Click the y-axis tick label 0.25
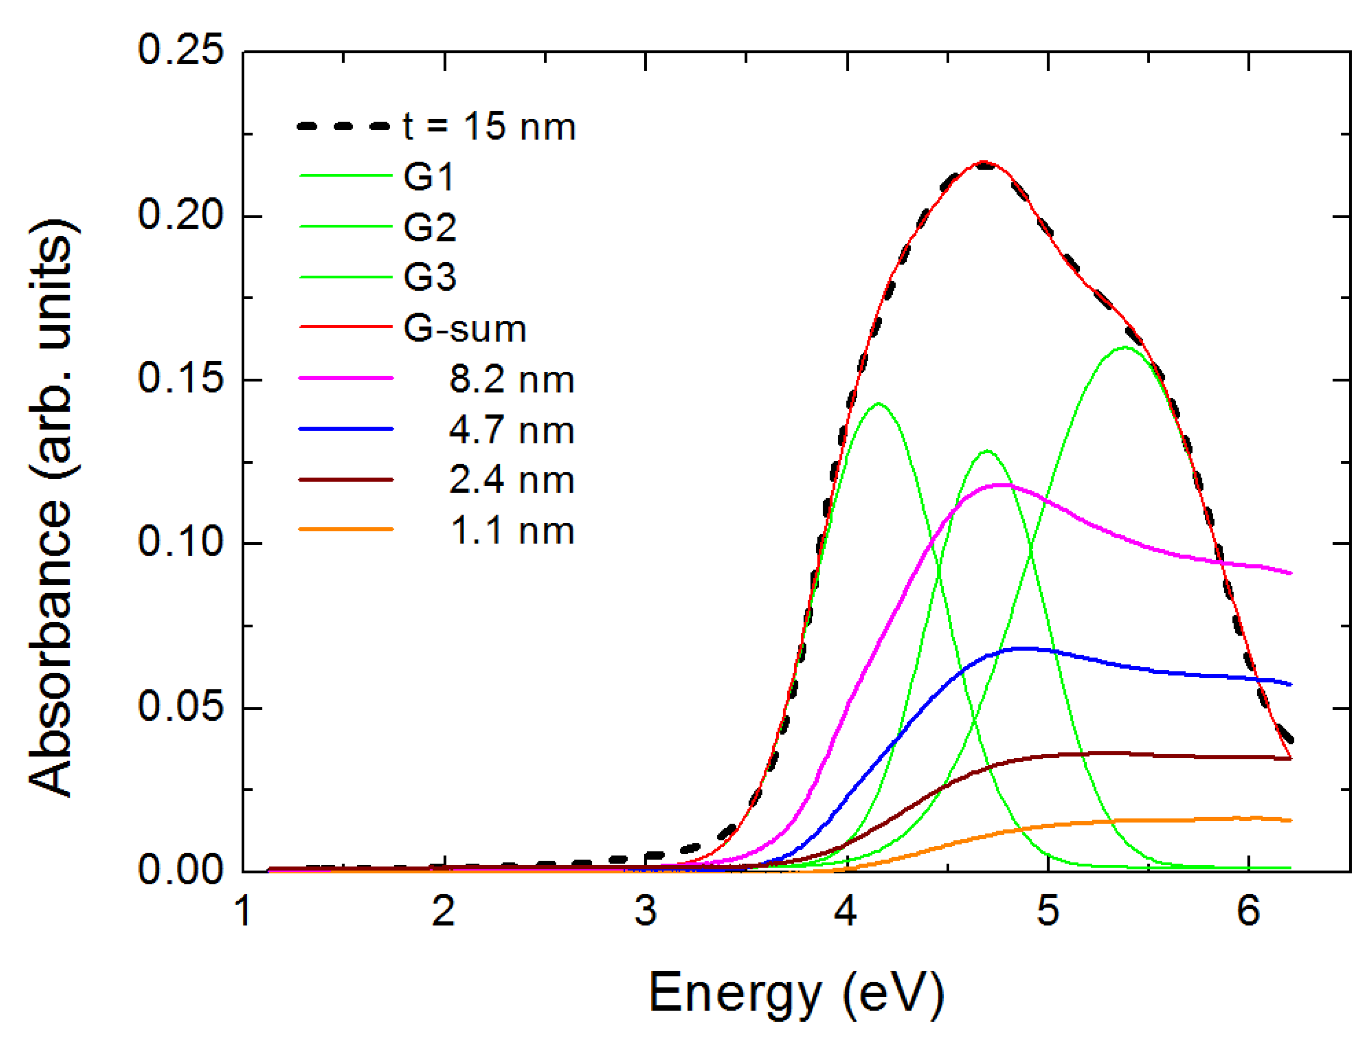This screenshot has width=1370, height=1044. click(x=180, y=50)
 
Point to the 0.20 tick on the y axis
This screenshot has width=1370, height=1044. click(x=180, y=216)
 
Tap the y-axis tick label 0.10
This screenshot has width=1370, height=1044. click(x=180, y=542)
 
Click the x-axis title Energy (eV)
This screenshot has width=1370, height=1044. click(x=795, y=993)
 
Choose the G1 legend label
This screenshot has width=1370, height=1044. click(x=429, y=176)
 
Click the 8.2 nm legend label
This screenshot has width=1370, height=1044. click(x=511, y=379)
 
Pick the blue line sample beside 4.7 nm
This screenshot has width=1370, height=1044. click(x=346, y=429)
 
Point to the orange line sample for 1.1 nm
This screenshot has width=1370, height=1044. click(x=346, y=529)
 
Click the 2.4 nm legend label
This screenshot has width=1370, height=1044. click(x=511, y=480)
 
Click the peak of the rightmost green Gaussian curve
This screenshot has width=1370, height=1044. click(x=1124, y=348)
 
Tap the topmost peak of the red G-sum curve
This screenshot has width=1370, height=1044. click(x=982, y=162)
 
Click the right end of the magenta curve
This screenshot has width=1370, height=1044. click(x=1290, y=573)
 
